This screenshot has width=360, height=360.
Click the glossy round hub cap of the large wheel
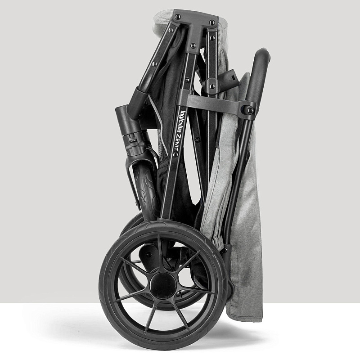pos(163,285)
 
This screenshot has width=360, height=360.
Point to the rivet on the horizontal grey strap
pos(250,110)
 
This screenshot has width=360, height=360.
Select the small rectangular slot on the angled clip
pos(234,77)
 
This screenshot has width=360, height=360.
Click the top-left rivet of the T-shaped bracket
pos(178,17)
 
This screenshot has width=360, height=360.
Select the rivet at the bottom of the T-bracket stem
pos(193,45)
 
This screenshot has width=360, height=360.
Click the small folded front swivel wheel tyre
pos(147,186)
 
